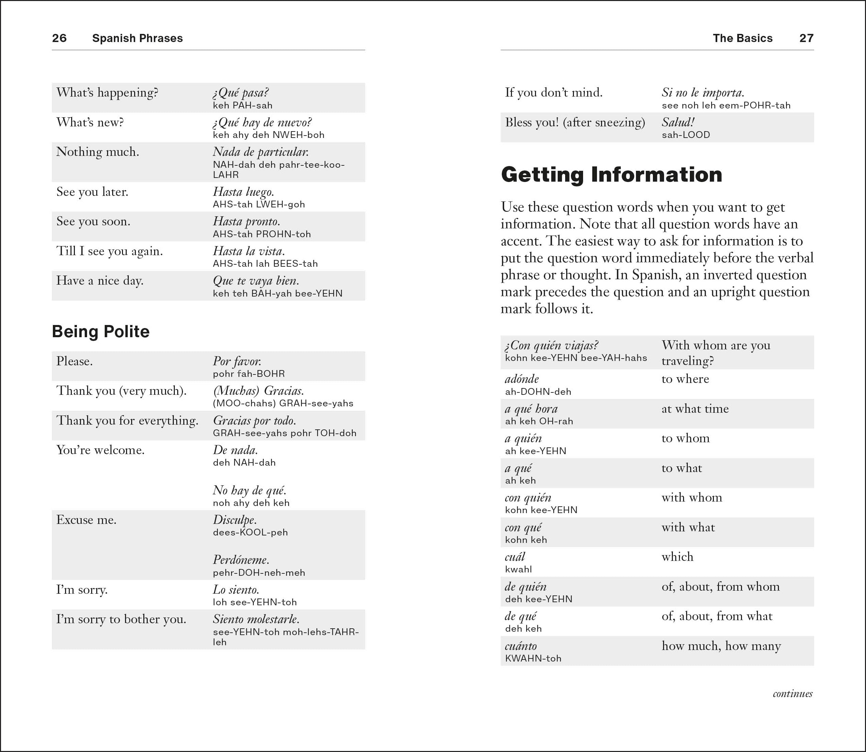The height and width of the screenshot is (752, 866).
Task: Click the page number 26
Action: (59, 38)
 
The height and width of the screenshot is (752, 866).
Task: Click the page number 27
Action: (806, 38)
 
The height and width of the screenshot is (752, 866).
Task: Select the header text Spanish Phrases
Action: (137, 38)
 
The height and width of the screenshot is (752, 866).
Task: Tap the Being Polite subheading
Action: (101, 331)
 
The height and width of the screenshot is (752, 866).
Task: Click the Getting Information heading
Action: (611, 175)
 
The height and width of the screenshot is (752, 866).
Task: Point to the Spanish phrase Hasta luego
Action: (243, 192)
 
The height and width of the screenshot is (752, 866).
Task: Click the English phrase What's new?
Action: (90, 123)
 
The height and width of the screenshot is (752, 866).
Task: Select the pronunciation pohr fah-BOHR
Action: (249, 374)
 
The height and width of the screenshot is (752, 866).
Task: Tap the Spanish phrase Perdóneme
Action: (241, 560)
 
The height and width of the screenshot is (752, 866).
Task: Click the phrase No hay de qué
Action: (250, 490)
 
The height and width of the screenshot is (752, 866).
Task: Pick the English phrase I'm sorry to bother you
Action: (121, 619)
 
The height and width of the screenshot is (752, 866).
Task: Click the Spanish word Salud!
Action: (678, 123)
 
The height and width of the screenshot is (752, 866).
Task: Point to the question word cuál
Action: (515, 557)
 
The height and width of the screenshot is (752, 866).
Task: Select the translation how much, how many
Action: (721, 646)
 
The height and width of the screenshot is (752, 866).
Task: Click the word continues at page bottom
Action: (792, 694)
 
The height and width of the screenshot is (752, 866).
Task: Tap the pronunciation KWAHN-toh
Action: (533, 658)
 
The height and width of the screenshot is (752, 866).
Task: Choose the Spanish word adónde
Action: (521, 379)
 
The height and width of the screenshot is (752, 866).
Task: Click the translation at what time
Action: (695, 409)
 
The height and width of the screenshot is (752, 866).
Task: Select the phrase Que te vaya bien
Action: (256, 281)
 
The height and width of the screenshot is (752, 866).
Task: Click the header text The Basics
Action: (742, 38)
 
